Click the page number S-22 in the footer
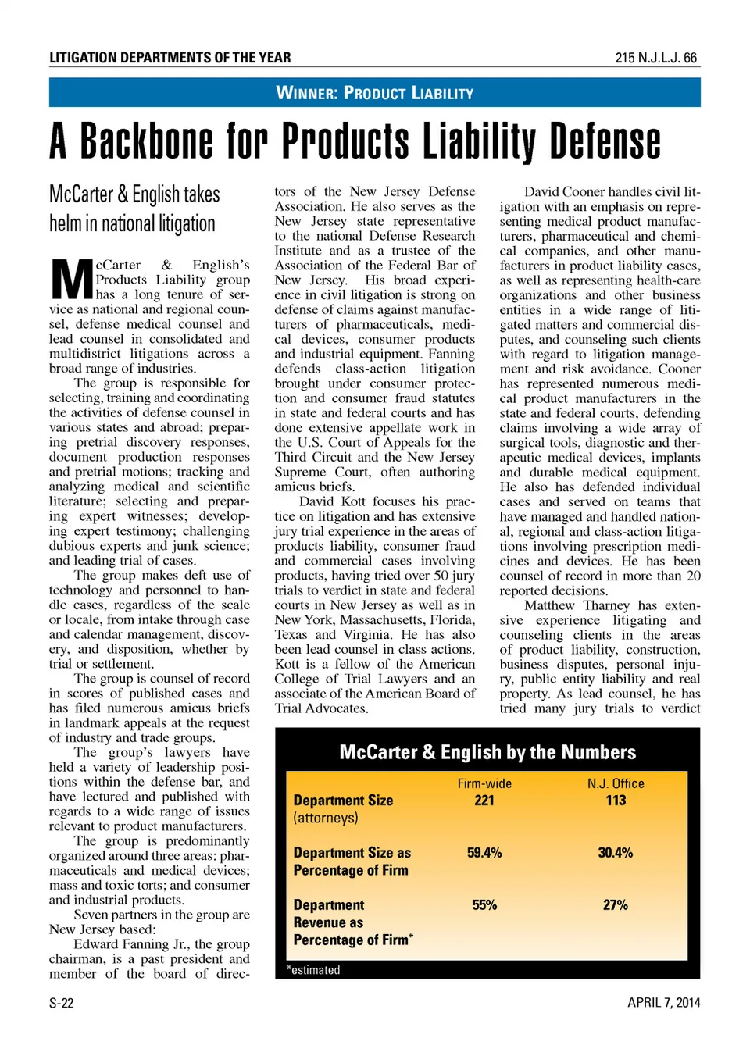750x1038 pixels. click(x=62, y=1003)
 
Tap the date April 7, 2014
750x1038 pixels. click(x=663, y=1003)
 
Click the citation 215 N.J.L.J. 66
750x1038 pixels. click(x=655, y=58)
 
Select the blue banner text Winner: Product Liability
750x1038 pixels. click(x=375, y=93)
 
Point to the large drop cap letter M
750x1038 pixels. click(x=72, y=280)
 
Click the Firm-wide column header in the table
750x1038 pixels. click(x=484, y=783)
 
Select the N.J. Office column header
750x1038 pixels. click(x=616, y=783)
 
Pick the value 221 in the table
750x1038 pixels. click(x=484, y=801)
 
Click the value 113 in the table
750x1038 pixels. click(x=616, y=801)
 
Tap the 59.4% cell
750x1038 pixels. click(x=484, y=853)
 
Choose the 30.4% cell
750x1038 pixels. click(x=616, y=853)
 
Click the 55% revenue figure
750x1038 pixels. click(x=484, y=905)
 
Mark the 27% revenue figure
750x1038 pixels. click(x=616, y=905)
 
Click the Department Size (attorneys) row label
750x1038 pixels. click(x=343, y=809)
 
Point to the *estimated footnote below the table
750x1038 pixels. click(x=313, y=970)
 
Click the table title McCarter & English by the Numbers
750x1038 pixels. click(x=487, y=752)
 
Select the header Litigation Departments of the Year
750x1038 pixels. click(x=170, y=58)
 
